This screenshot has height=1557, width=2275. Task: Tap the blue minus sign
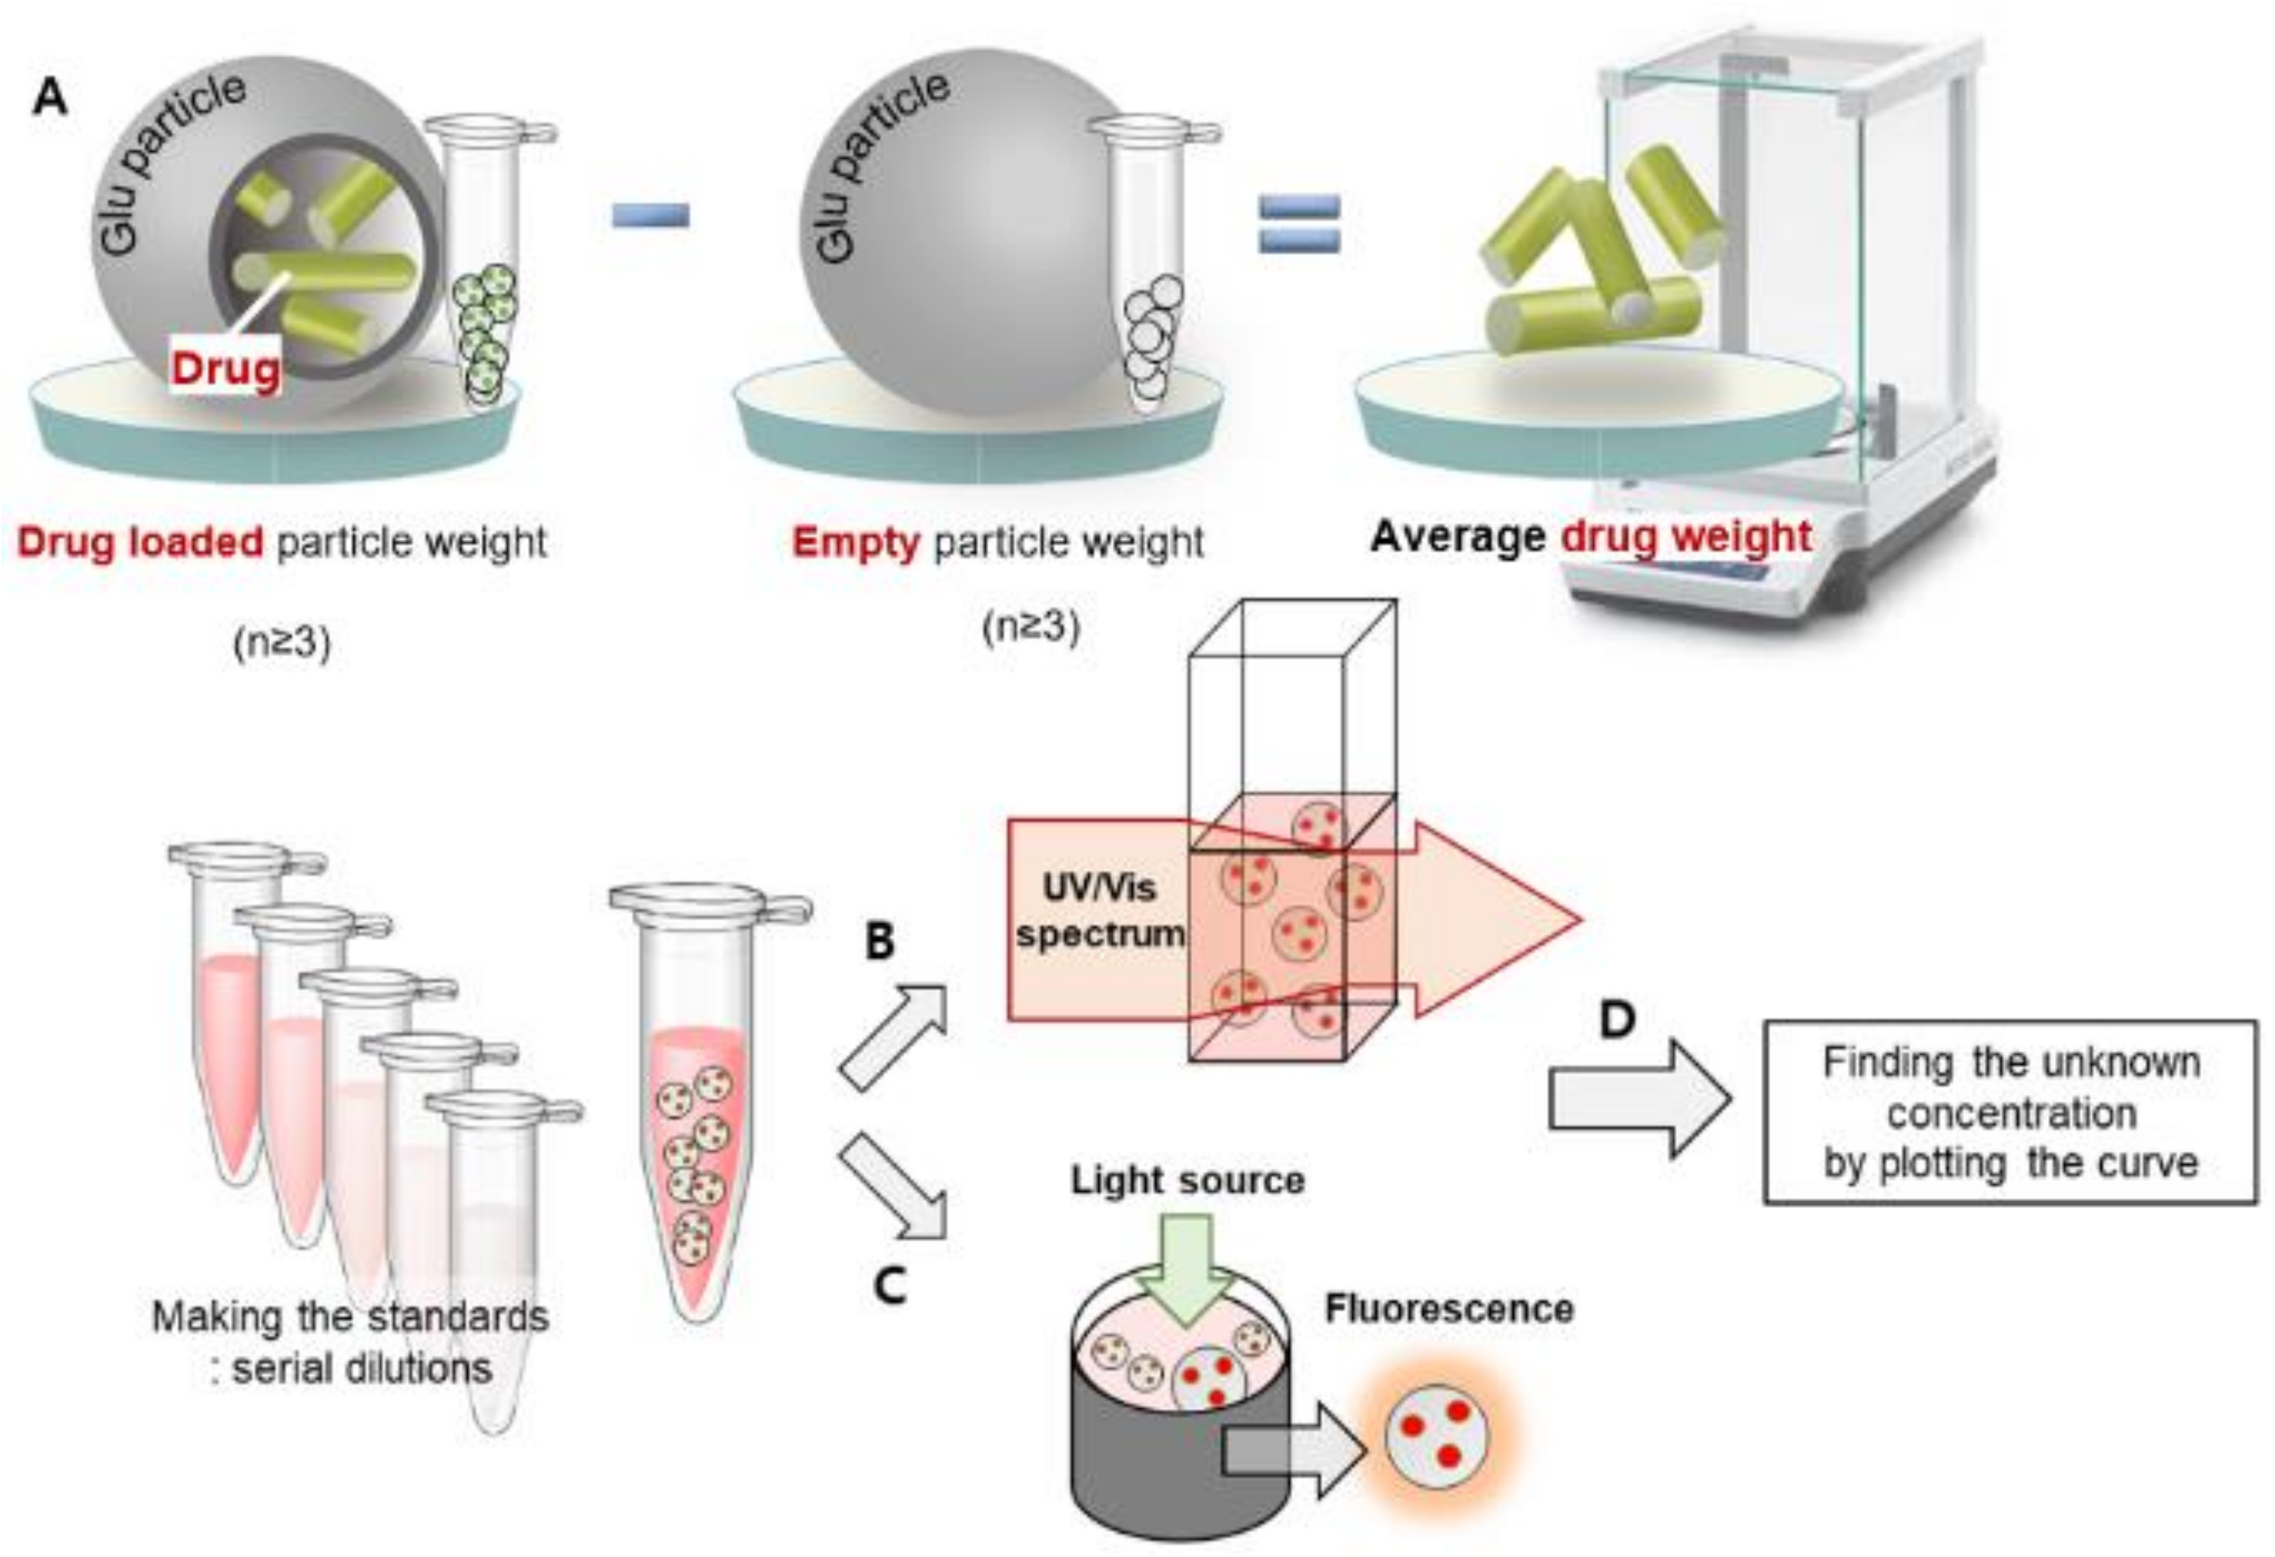(x=651, y=215)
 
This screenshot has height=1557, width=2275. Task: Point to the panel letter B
(x=879, y=941)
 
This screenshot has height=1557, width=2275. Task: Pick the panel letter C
(x=889, y=1286)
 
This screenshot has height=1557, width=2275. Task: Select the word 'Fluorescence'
(x=1449, y=1308)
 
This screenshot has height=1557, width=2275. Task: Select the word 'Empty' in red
(x=855, y=542)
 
